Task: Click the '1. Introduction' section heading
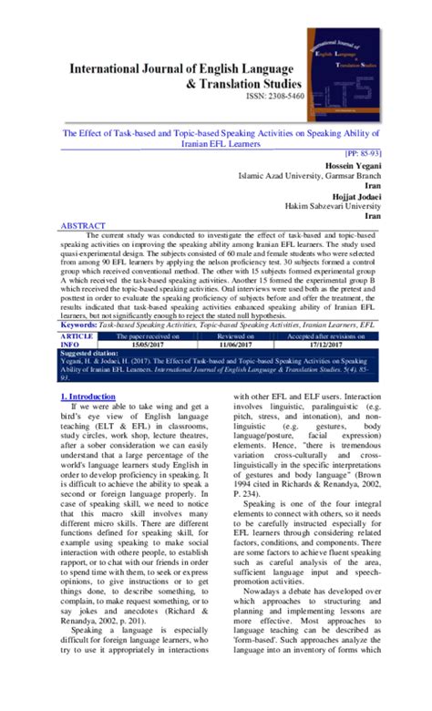click(87, 397)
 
